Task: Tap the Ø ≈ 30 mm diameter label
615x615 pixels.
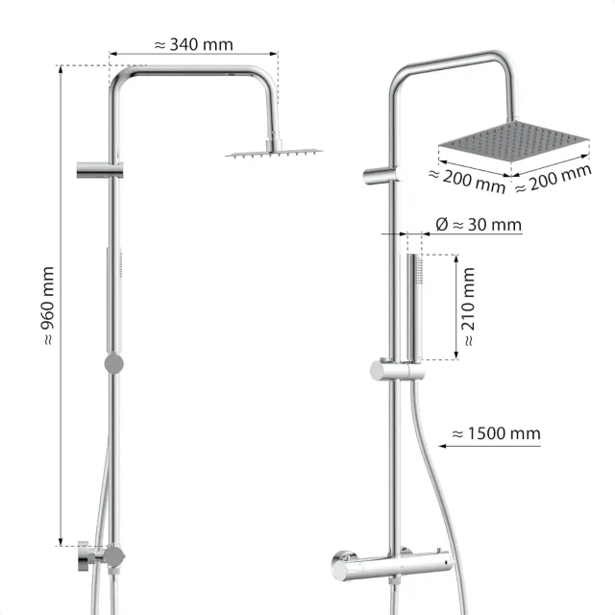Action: [x=478, y=225]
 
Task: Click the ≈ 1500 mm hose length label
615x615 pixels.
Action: [x=496, y=434]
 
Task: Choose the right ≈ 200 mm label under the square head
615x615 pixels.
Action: [x=552, y=180]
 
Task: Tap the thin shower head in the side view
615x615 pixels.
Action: [x=275, y=152]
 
